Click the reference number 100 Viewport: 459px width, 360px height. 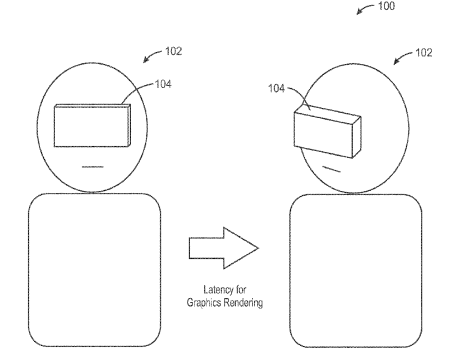point(386,6)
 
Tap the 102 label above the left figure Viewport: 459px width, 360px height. point(174,51)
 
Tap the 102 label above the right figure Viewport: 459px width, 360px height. point(424,53)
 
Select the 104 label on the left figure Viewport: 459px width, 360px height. point(163,84)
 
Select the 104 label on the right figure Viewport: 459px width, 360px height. point(277,88)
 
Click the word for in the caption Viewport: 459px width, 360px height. point(241,289)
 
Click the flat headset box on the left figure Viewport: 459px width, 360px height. point(92,125)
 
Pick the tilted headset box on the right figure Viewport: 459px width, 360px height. point(327,131)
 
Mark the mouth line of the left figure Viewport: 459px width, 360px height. point(93,167)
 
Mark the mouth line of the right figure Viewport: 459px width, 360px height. point(331,169)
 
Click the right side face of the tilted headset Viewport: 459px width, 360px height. point(357,137)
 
